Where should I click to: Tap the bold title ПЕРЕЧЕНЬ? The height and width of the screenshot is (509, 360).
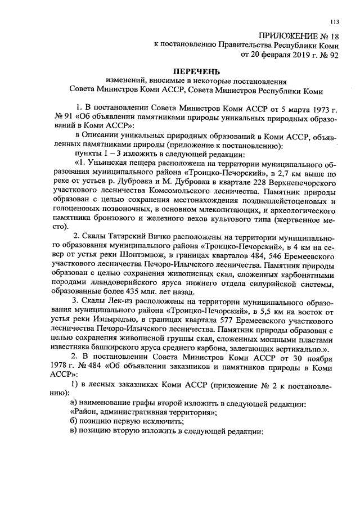[x=192, y=71]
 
